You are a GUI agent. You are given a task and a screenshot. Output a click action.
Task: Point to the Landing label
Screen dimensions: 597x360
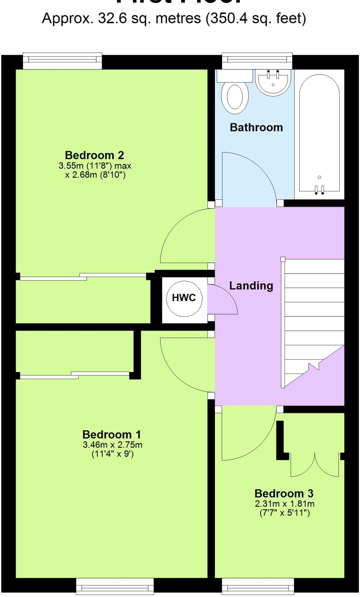pyautogui.click(x=251, y=286)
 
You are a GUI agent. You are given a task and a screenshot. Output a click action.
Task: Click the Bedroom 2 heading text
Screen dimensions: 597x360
pyautogui.click(x=94, y=155)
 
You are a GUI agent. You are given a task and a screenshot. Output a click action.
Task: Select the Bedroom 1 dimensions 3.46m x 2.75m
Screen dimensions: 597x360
pyautogui.click(x=113, y=445)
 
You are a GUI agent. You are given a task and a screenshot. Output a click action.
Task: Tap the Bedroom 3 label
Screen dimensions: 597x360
pyautogui.click(x=284, y=494)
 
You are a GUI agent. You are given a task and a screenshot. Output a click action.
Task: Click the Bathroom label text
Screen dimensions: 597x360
pyautogui.click(x=256, y=127)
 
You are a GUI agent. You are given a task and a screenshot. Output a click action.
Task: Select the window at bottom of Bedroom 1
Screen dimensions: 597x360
pyautogui.click(x=115, y=586)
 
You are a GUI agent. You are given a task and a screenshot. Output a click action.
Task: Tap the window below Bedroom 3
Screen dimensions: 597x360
pyautogui.click(x=258, y=586)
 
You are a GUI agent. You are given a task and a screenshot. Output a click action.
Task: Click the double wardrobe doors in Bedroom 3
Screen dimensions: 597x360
pyautogui.click(x=315, y=465)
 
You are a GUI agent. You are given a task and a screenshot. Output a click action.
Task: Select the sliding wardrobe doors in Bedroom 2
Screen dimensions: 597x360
pyautogui.click(x=83, y=277)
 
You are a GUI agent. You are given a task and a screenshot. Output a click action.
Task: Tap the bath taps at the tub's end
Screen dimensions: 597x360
pyautogui.click(x=319, y=190)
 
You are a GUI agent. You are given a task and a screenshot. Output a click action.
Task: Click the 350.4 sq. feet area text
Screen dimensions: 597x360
pyautogui.click(x=256, y=18)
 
